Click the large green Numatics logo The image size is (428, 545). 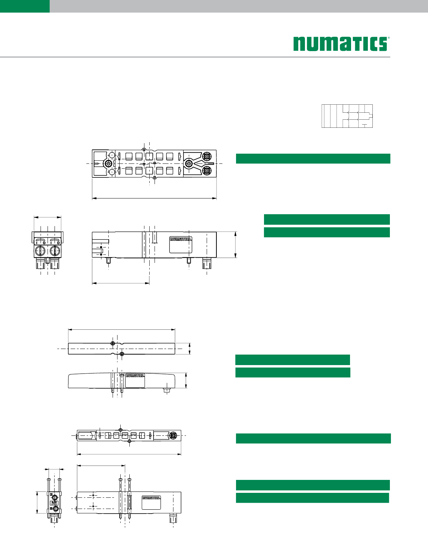click(x=341, y=44)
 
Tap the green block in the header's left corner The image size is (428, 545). click(x=25, y=6)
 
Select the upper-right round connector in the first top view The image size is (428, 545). click(x=207, y=157)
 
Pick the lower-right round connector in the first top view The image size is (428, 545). click(x=207, y=170)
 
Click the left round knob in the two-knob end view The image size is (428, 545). click(x=40, y=251)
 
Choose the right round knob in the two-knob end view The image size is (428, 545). click(x=55, y=251)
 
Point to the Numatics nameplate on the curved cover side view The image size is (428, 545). click(x=135, y=380)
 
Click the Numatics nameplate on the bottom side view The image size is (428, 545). click(x=151, y=502)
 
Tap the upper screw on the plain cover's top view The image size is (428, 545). click(x=113, y=343)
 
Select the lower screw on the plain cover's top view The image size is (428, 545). click(x=122, y=354)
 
